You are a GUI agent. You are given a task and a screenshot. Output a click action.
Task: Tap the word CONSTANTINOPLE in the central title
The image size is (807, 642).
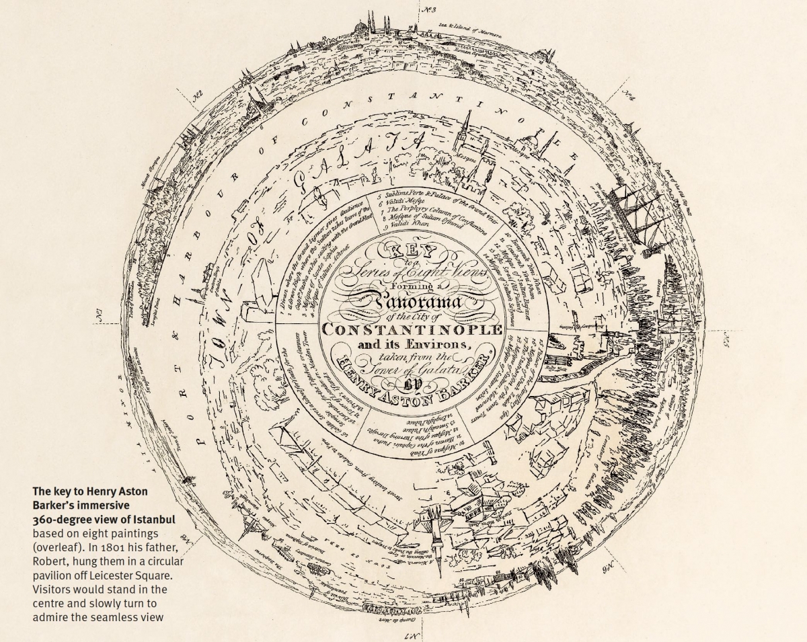[x=412, y=329]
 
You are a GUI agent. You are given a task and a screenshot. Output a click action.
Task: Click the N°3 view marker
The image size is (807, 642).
[x=429, y=9]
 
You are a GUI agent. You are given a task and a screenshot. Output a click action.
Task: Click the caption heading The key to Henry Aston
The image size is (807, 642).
[x=90, y=491]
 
